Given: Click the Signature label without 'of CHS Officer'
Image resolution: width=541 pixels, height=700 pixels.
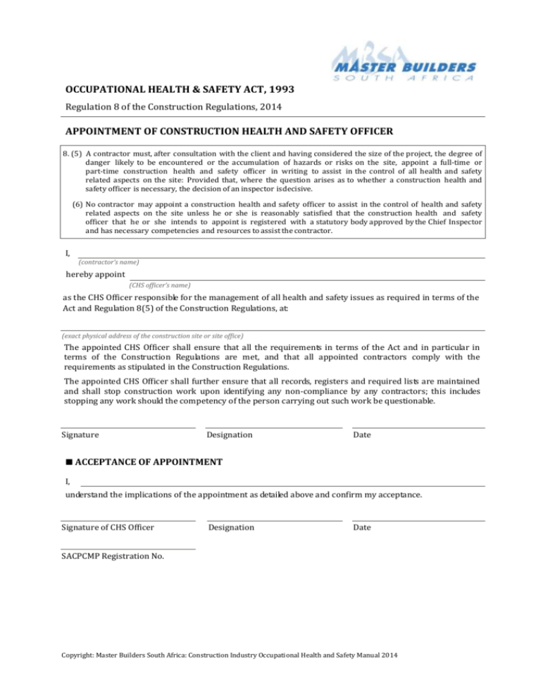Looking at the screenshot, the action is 80,435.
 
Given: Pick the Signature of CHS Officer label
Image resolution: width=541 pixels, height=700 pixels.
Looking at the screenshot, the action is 108,527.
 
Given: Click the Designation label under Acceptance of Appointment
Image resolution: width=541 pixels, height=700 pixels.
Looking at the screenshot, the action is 232,527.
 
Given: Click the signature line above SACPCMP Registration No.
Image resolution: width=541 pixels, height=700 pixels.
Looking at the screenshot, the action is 128,549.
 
